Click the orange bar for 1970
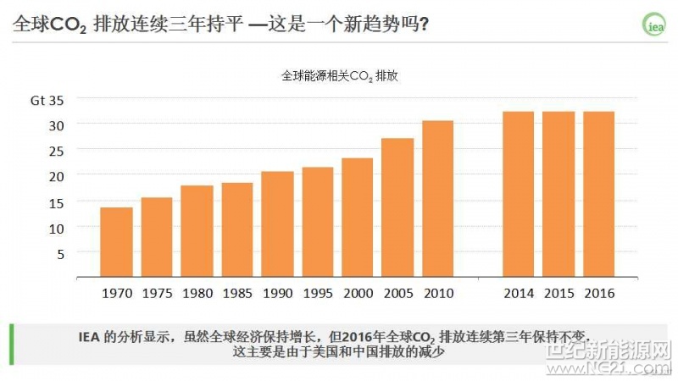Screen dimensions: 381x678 point(116,242)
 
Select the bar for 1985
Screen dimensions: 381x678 point(237,230)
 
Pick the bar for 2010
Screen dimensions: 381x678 point(438,199)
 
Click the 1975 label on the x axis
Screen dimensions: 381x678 point(157,294)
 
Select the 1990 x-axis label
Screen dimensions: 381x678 point(277,294)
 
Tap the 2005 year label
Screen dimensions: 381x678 point(397,294)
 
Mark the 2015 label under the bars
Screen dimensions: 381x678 point(559,294)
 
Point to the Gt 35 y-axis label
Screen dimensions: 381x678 point(47,100)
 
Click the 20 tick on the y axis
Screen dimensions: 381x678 point(55,175)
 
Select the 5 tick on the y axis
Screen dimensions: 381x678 point(60,252)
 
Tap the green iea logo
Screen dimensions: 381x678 point(654,25)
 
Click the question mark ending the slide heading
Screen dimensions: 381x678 point(424,25)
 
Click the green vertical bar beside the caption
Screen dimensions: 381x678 point(11,344)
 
